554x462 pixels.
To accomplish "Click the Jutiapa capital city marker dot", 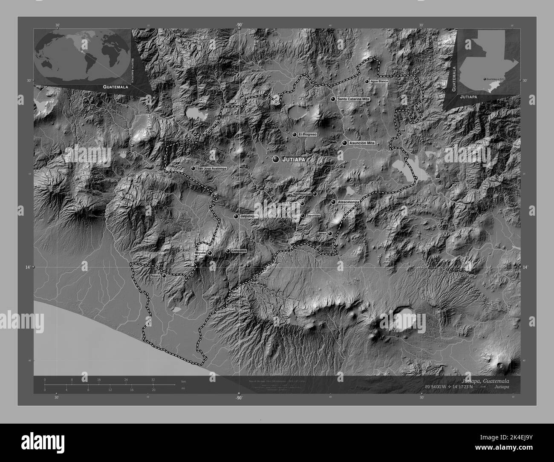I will coord(276,159).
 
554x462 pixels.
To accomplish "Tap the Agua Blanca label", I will coord(380,81).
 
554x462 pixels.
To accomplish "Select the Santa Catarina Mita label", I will coord(353,99).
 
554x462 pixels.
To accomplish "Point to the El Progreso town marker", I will coord(294,134).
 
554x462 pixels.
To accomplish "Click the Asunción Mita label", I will coord(361,143).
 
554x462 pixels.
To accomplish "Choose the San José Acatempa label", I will coord(212,169).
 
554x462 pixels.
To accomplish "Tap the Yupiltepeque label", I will coord(302,194).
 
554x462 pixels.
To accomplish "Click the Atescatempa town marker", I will coord(333,202).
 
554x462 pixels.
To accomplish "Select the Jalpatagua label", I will coord(249,217).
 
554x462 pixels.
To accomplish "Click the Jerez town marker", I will coord(330,233).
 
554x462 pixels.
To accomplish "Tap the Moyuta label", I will coord(200,253).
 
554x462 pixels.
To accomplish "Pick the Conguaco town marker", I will coord(228,251).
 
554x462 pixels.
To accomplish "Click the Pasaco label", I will coord(155,276).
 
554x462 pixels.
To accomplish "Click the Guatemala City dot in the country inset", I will coord(484,79).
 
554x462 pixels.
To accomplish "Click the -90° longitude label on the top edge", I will coord(239,25).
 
